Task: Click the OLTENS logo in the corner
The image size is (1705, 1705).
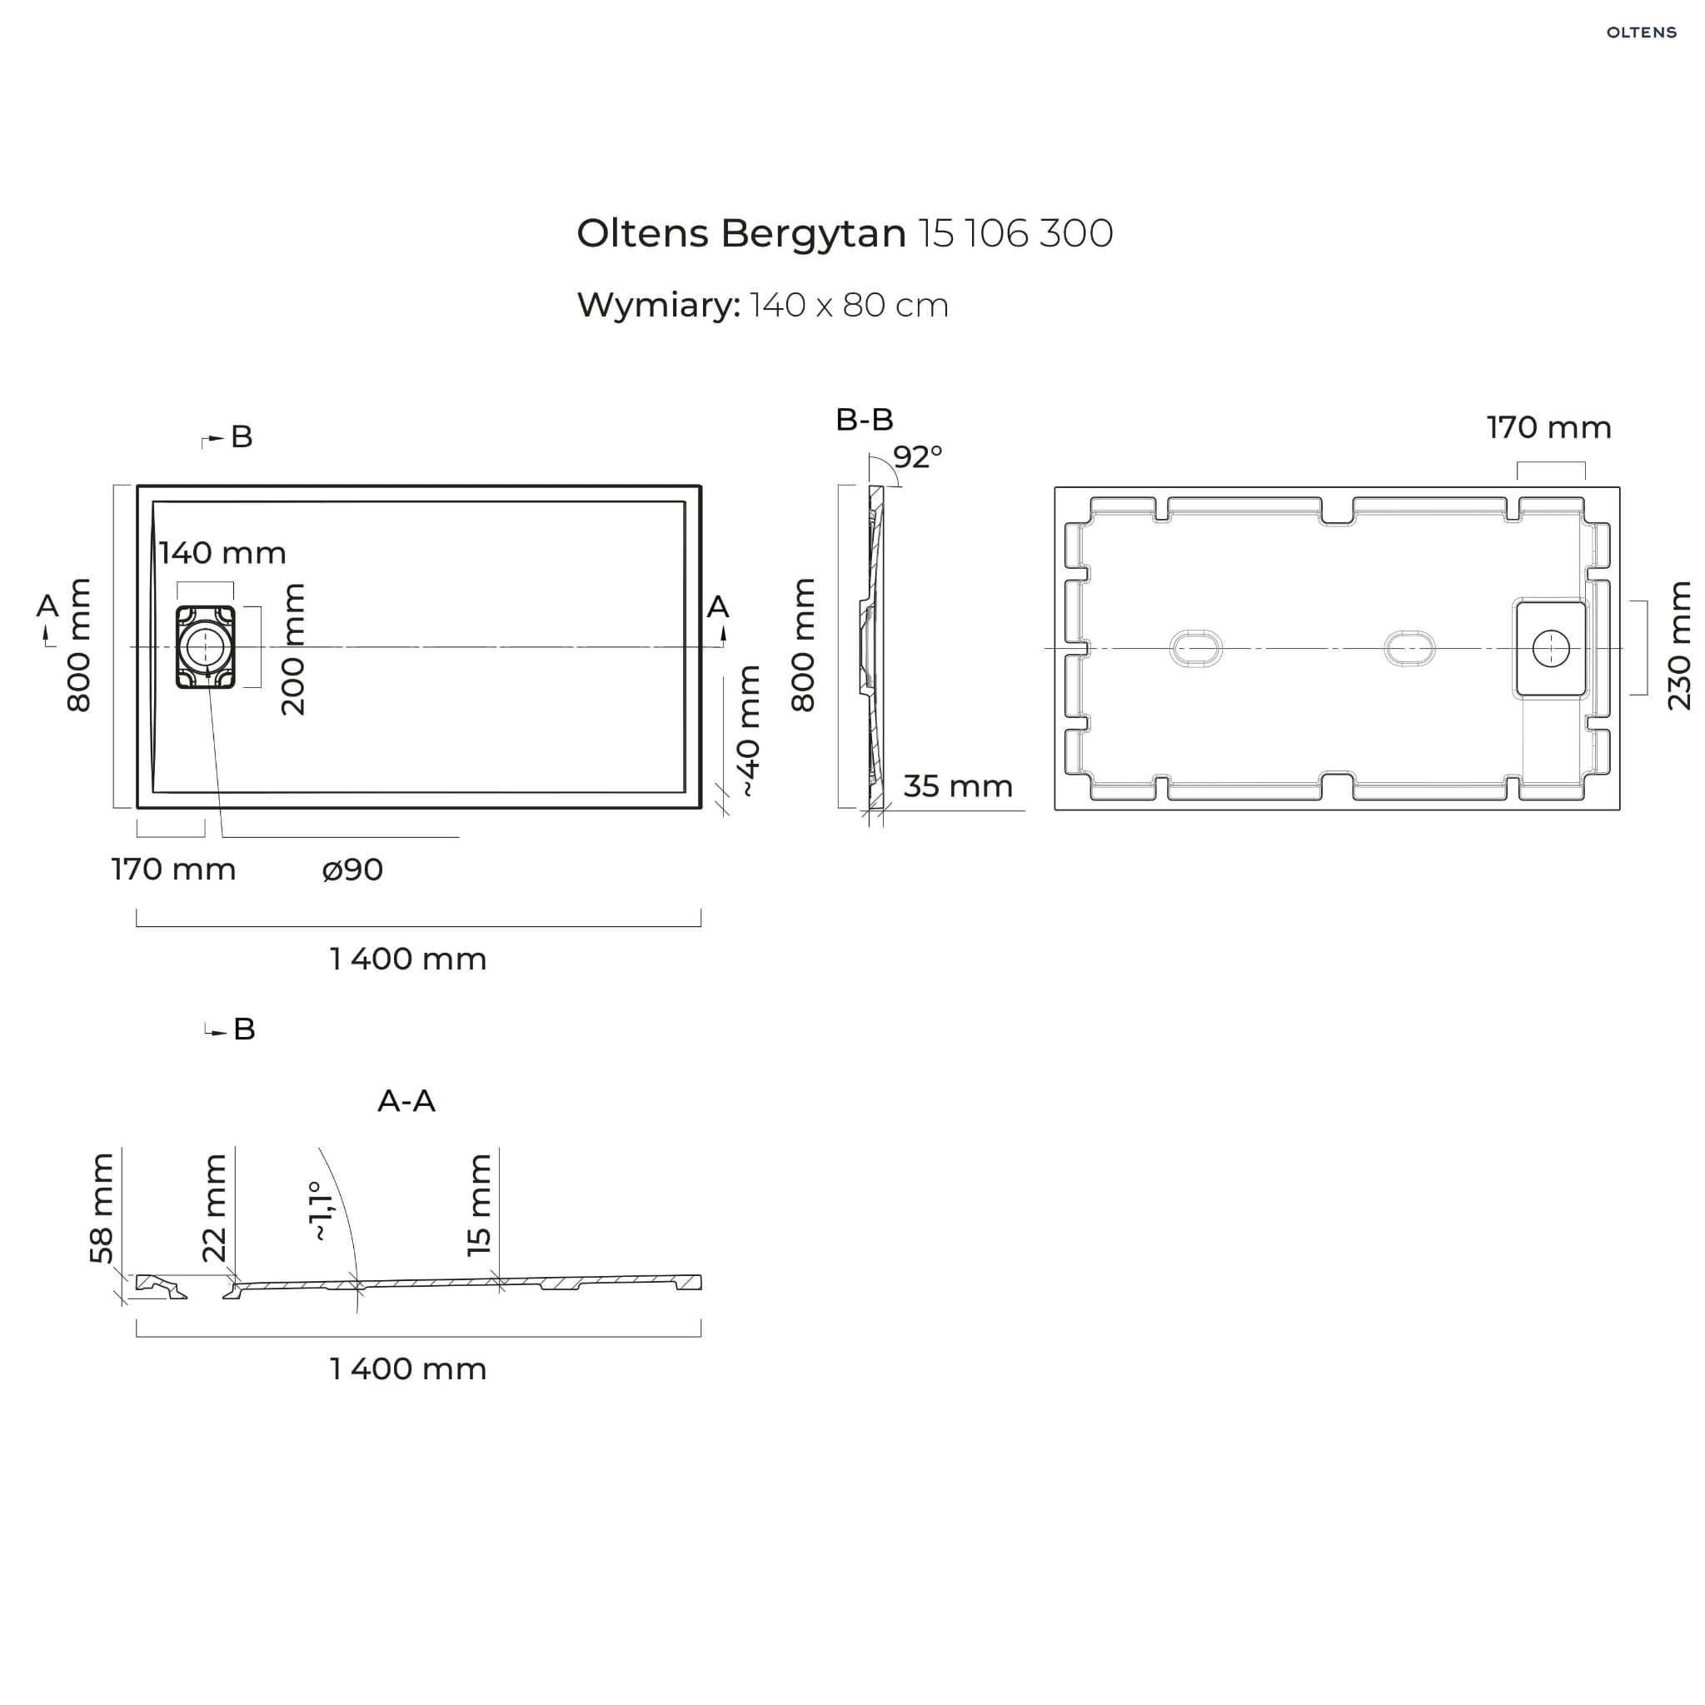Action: point(1641,32)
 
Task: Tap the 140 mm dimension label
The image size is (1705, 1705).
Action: point(222,553)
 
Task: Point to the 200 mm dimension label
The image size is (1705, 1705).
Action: point(292,649)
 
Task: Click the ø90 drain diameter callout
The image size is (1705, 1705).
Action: point(353,870)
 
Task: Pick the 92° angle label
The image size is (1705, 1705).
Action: point(918,457)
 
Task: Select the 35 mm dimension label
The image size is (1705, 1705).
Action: point(959,786)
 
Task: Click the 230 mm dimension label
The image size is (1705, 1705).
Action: point(1678,646)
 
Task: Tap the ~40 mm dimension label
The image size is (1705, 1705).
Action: point(747,731)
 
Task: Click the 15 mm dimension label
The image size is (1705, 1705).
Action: point(478,1204)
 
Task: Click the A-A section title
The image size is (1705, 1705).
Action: point(406,1101)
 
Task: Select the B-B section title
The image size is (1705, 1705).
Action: point(865,420)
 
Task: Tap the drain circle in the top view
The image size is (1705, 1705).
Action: point(205,647)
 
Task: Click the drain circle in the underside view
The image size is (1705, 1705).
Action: point(1551,649)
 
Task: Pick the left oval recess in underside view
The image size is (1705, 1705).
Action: point(1196,649)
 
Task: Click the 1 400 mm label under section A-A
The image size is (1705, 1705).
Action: point(408,1368)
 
